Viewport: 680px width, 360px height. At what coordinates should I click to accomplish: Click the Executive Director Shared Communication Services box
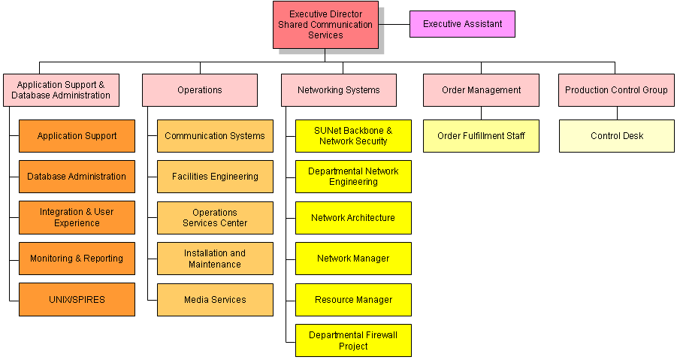tap(325, 25)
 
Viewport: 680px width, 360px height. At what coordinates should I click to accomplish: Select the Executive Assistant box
tap(462, 24)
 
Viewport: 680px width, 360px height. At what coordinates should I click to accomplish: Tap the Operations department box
tap(200, 90)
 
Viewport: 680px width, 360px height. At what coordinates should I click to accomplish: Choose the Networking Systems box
tap(339, 90)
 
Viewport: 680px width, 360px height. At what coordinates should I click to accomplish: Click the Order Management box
tap(481, 90)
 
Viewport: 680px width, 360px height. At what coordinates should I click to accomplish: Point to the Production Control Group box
tap(616, 90)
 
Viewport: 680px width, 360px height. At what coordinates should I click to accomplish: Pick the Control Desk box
tap(617, 136)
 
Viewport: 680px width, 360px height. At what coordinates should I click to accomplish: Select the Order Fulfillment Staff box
tap(481, 136)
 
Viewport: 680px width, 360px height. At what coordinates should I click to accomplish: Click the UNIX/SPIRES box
tap(77, 299)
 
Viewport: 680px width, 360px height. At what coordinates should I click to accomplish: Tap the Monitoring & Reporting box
tap(77, 259)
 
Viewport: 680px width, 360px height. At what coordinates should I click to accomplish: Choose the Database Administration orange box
tap(77, 177)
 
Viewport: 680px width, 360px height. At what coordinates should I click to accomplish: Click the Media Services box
tap(215, 299)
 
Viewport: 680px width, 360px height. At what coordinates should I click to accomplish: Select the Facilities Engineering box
tap(215, 177)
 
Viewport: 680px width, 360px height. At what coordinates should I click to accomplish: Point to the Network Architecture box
tap(353, 218)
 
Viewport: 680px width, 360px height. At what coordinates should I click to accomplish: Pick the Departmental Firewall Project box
tap(353, 340)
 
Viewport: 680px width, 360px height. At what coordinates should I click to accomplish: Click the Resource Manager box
tap(353, 300)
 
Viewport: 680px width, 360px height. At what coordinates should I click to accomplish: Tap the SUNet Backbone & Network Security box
tap(353, 136)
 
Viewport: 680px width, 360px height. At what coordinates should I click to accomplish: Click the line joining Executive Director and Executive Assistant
tap(394, 24)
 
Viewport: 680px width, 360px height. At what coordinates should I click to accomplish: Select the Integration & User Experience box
tap(77, 217)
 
